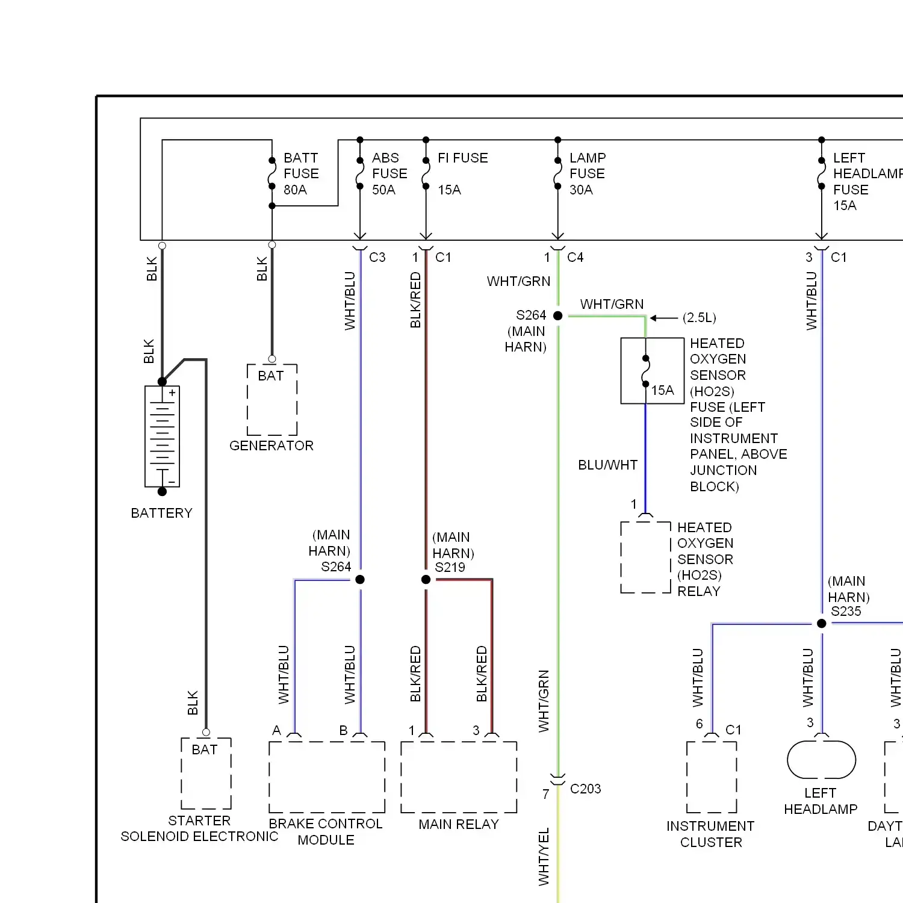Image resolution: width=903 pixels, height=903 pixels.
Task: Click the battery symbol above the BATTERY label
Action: [x=162, y=436]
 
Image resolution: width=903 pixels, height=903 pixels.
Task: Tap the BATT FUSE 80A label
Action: [x=301, y=174]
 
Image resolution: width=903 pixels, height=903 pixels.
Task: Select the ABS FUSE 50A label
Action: [x=389, y=174]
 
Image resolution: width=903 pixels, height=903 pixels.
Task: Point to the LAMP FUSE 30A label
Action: [x=587, y=174]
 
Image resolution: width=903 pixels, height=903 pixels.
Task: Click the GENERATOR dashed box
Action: [x=272, y=400]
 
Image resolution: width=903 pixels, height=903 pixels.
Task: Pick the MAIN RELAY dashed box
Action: [x=459, y=777]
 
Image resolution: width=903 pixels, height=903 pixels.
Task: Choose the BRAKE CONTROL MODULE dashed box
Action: [x=327, y=777]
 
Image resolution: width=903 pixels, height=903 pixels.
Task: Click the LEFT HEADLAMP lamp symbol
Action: [x=821, y=760]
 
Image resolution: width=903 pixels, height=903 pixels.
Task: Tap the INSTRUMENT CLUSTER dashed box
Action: [x=712, y=777]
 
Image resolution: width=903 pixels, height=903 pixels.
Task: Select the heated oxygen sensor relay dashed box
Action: [x=645, y=557]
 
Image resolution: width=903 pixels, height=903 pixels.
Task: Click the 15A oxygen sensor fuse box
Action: [x=653, y=370]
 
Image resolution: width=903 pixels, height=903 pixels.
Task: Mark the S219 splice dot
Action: [x=426, y=580]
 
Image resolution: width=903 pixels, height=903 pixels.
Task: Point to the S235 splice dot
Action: [x=822, y=624]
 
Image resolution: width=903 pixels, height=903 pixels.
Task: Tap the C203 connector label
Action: [x=585, y=789]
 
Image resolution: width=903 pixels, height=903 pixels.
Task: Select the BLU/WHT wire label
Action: [x=607, y=465]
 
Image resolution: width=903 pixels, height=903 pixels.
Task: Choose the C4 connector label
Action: [x=575, y=258]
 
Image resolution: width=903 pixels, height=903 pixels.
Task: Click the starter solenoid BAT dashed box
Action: [x=206, y=774]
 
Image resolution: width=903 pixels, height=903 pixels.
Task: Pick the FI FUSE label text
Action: [x=462, y=158]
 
